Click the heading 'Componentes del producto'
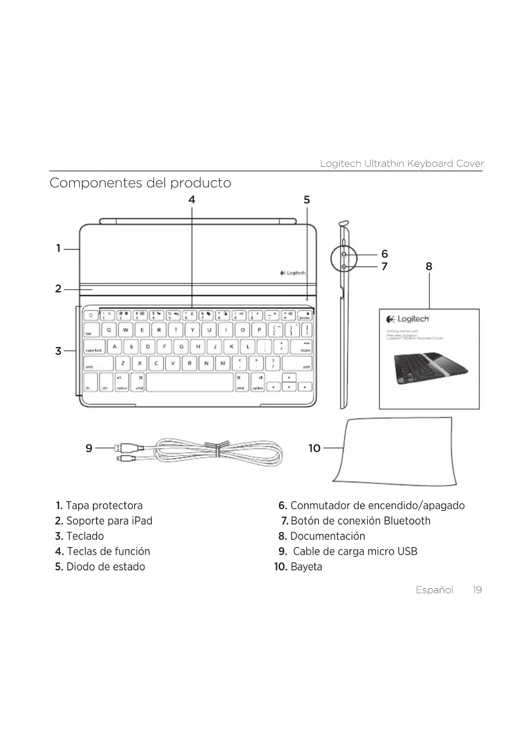(x=140, y=183)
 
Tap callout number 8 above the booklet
(x=429, y=267)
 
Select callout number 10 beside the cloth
(x=314, y=448)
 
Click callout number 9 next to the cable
(x=89, y=448)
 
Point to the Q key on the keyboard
(x=109, y=330)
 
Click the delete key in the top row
(x=304, y=316)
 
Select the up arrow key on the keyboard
(x=289, y=378)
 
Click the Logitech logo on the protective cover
(x=293, y=273)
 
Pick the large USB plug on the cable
(x=129, y=448)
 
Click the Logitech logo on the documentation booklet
(x=408, y=319)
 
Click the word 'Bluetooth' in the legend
(x=407, y=521)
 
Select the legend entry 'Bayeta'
(x=306, y=567)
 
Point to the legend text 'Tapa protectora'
(x=104, y=505)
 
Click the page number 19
(x=477, y=590)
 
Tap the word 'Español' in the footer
(x=434, y=590)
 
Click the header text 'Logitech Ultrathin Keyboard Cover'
(x=402, y=164)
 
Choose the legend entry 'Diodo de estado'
(x=105, y=567)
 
